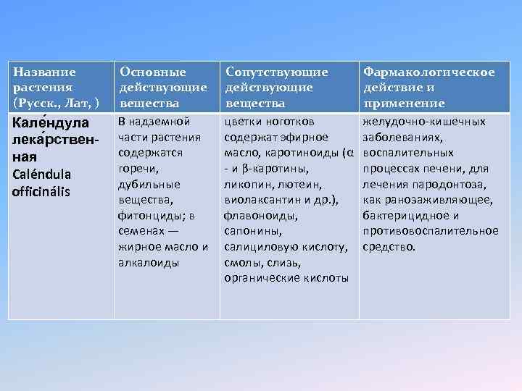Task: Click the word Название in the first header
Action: tap(45, 72)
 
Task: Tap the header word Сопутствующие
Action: tap(276, 72)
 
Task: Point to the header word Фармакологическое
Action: tap(428, 72)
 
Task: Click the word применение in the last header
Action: tap(404, 104)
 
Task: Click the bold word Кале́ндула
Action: tap(50, 122)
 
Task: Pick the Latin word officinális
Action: tap(43, 192)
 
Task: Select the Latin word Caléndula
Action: tap(42, 175)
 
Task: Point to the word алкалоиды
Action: tap(148, 264)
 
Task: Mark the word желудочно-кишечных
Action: tap(423, 121)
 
